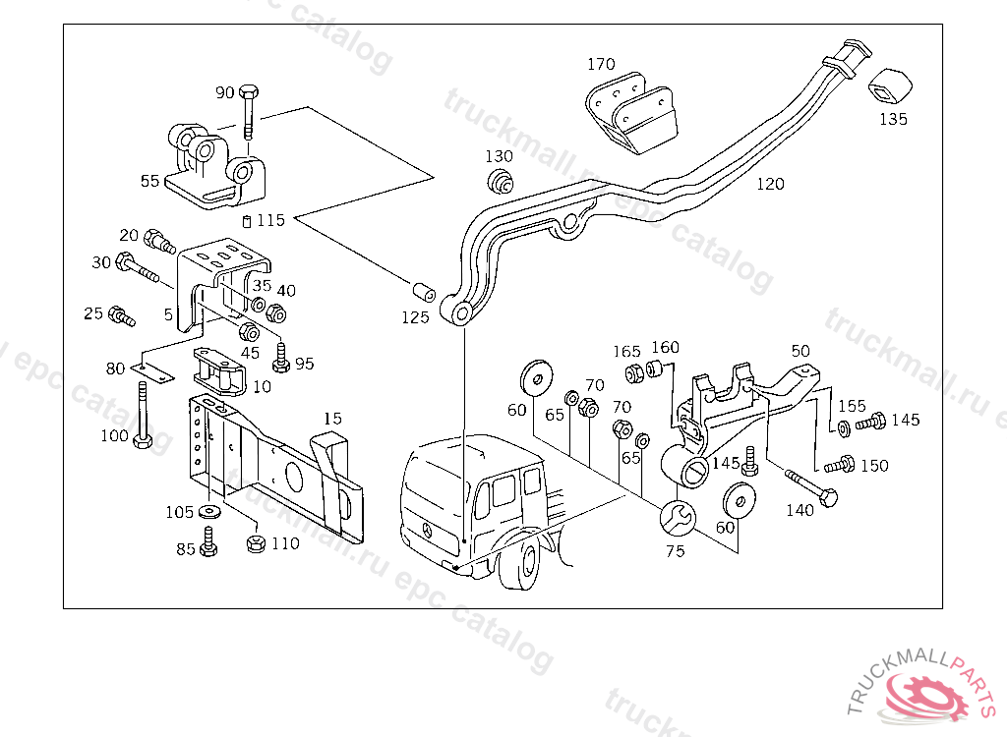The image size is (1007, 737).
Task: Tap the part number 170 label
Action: [x=601, y=64]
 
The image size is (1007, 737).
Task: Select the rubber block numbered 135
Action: [x=890, y=86]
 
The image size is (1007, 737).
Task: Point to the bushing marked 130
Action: [x=500, y=181]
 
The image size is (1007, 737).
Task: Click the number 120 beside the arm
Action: [x=770, y=185]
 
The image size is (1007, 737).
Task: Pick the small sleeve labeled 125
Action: [x=424, y=292]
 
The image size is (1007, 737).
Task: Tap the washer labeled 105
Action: [x=209, y=512]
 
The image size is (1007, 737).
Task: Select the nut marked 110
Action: [x=256, y=543]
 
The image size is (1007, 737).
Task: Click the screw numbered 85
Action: [x=208, y=541]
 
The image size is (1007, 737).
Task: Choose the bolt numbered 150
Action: [x=840, y=464]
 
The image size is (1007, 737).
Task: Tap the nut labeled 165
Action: [x=634, y=373]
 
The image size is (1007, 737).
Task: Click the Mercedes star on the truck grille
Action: [x=427, y=530]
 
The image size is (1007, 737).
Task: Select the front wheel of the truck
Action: [x=521, y=564]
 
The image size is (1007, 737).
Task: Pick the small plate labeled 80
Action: [x=152, y=371]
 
